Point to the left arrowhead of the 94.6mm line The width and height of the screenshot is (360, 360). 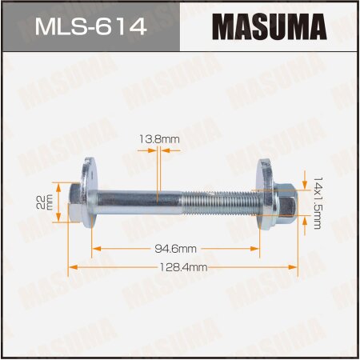(x=94, y=249)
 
